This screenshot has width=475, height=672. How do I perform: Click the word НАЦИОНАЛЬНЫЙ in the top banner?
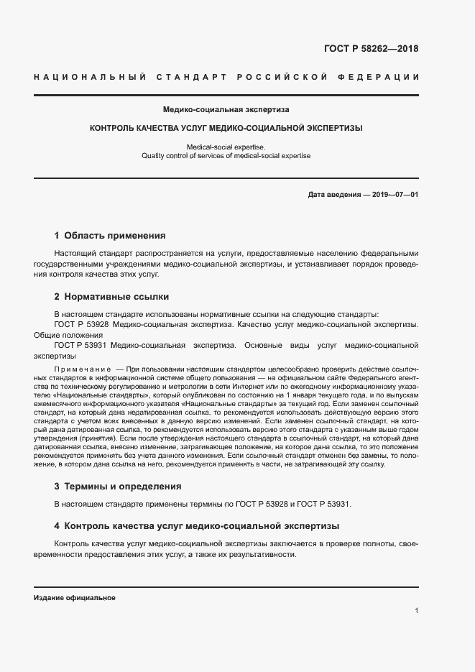point(90,77)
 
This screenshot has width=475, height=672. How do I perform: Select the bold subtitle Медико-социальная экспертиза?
point(226,110)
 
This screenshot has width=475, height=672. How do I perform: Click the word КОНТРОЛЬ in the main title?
point(112,129)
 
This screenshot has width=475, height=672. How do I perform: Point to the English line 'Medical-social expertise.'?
point(226,147)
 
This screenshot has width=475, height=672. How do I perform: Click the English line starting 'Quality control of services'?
point(226,156)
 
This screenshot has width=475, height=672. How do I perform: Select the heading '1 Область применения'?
point(110,235)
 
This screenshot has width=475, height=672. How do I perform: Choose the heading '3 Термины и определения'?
point(118,486)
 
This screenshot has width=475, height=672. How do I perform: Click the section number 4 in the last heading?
point(57,526)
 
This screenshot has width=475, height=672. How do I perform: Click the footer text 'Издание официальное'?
point(74,598)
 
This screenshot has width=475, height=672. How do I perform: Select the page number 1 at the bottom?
point(416,610)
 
